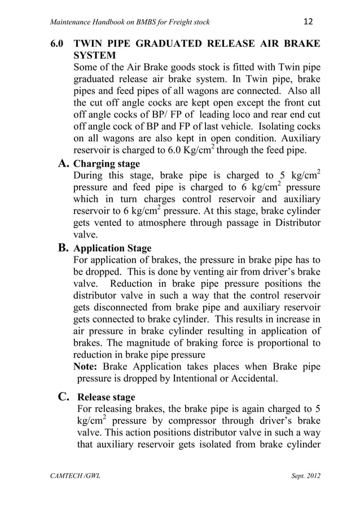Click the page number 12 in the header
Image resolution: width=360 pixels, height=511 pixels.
pyautogui.click(x=308, y=21)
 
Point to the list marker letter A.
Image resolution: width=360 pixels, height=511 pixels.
pyautogui.click(x=64, y=164)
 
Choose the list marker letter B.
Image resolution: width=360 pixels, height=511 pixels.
pyautogui.click(x=64, y=247)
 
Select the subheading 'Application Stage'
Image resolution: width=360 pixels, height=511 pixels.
pyautogui.click(x=112, y=248)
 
